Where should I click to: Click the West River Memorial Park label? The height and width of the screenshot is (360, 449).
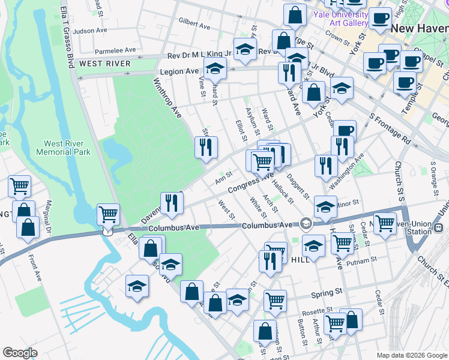point(67,148)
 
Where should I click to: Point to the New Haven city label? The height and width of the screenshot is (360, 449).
point(419,28)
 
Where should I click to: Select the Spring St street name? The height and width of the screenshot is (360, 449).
point(326,293)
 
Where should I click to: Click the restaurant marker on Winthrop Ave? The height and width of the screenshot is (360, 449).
point(206,147)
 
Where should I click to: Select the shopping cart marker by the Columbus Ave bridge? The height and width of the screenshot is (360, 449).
point(108,214)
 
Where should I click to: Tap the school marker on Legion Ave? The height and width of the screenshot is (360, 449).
point(215,68)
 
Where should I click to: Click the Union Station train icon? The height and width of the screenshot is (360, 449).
point(439,229)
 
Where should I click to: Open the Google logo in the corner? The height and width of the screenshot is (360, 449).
point(20,353)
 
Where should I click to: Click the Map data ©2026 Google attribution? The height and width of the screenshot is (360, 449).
point(412,355)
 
